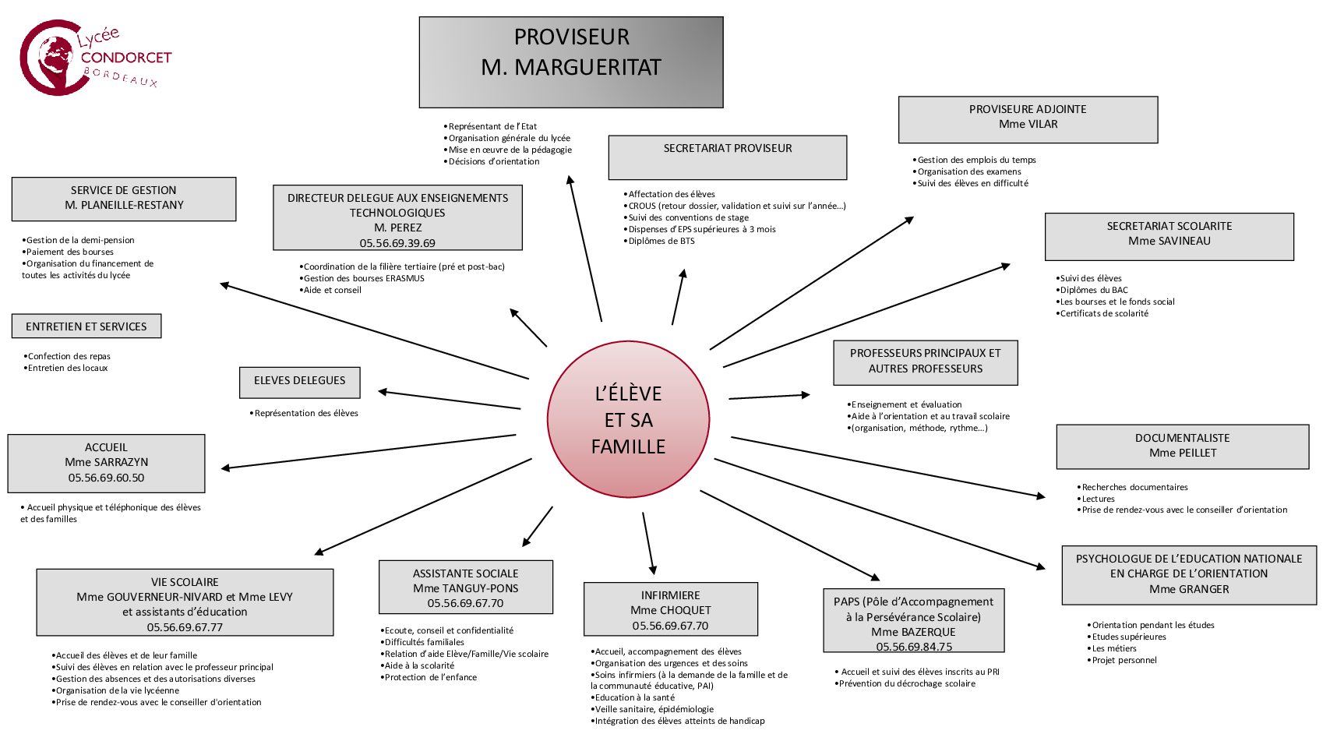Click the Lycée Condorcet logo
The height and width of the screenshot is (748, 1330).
(x=93, y=58)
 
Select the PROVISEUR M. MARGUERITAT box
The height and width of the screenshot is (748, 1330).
(x=571, y=62)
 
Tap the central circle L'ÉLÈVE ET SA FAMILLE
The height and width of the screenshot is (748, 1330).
(x=629, y=420)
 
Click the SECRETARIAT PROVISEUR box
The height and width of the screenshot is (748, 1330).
(x=727, y=157)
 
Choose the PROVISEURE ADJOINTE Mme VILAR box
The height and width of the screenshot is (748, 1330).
(x=1028, y=119)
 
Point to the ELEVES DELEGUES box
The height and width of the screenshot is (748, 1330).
(x=300, y=382)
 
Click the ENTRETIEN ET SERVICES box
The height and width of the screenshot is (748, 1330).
(x=86, y=326)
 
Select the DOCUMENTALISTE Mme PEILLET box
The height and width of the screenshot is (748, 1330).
(x=1182, y=446)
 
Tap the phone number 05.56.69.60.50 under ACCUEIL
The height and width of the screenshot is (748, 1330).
(x=106, y=478)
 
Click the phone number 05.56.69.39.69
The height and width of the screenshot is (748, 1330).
(x=397, y=243)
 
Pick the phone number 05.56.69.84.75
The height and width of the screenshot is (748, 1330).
(x=914, y=647)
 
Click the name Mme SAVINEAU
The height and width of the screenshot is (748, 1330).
(x=1169, y=241)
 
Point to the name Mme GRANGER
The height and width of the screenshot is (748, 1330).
(x=1189, y=589)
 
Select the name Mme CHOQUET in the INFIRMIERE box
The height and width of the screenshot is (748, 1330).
(x=671, y=610)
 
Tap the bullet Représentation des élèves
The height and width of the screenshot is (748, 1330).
(x=306, y=413)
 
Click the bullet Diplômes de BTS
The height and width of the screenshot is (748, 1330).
(x=661, y=241)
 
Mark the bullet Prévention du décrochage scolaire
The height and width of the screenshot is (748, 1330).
(x=907, y=683)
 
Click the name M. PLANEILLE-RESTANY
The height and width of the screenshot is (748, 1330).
(x=125, y=205)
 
